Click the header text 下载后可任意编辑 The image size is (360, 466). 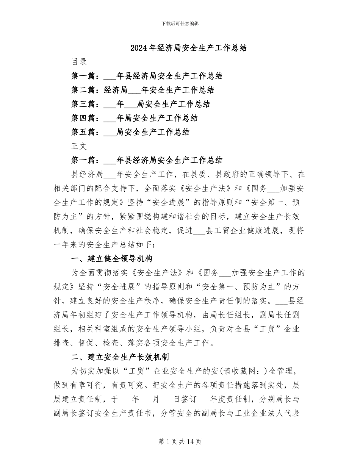click(180, 23)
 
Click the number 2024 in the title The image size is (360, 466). click(138, 48)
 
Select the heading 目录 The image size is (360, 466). click(79, 62)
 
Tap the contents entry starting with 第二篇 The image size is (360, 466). click(142, 90)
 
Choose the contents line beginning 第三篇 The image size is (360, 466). click(141, 104)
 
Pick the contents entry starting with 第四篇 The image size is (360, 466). click(134, 118)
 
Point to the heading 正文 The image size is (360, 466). click(79, 146)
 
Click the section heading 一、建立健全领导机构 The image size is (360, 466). click(112, 259)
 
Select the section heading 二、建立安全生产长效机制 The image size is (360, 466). click(120, 357)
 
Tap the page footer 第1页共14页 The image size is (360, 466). click(180, 441)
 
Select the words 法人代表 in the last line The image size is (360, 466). click(284, 413)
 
